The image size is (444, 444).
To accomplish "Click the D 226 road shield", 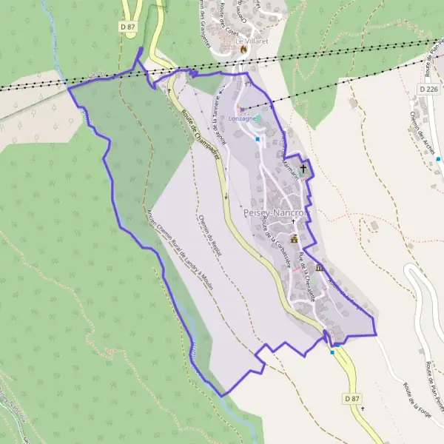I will point(428,88).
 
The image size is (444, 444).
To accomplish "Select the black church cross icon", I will point(303,169).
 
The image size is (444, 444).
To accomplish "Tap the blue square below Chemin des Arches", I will point(439,159).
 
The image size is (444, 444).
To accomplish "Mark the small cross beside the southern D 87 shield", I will point(363,408).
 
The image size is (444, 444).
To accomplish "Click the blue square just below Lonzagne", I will point(258,138).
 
